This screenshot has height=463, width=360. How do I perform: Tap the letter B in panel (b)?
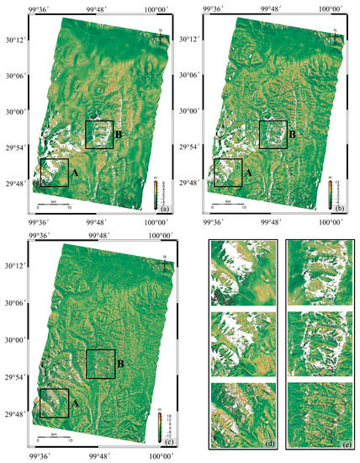(292, 133)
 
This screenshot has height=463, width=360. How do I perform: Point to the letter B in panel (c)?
(120, 363)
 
